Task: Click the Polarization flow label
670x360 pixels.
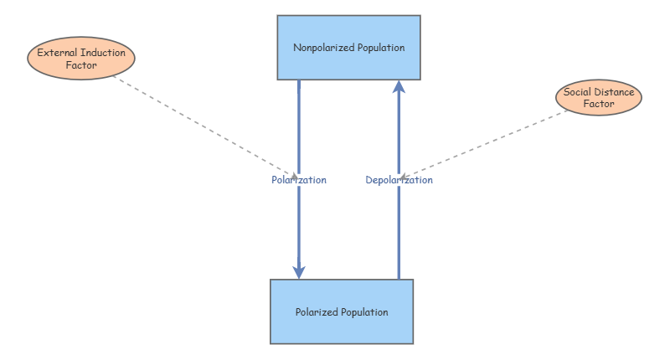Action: [x=299, y=180]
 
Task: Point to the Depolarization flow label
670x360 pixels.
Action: [x=399, y=180]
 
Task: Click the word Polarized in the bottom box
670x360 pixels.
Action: [x=315, y=312]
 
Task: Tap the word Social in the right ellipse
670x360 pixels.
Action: [x=577, y=92]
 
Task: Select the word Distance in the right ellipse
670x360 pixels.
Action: [x=615, y=92]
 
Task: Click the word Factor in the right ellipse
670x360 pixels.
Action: [x=599, y=105]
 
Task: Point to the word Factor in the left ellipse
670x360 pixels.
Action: [x=81, y=64]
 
